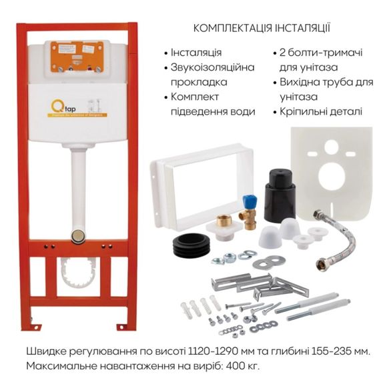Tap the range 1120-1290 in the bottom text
pos(207,351)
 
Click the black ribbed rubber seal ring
pos(192,247)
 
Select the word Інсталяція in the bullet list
pos(196,52)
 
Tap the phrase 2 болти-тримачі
pos(308,52)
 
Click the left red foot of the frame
pos(27,325)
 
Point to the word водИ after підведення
pos(244,111)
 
